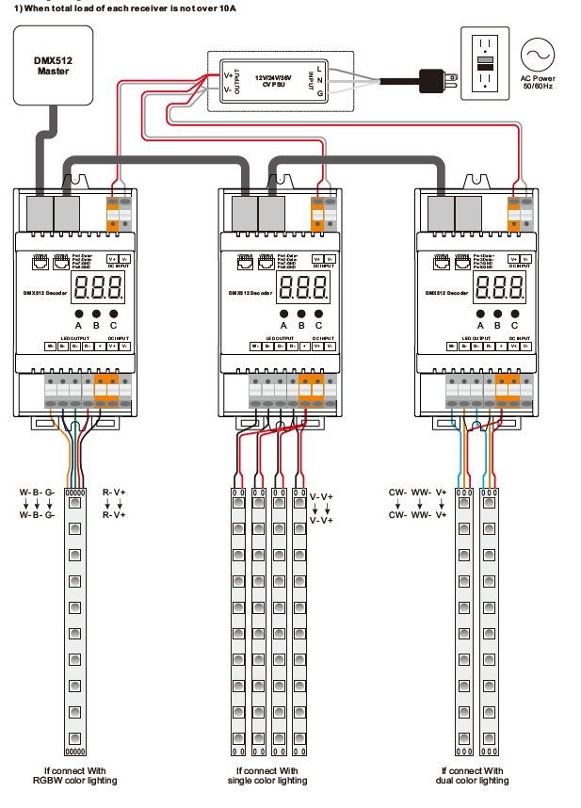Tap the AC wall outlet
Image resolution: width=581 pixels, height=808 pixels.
(x=486, y=62)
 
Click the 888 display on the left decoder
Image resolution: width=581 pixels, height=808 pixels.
(x=96, y=288)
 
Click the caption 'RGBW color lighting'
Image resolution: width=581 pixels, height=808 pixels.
(x=76, y=780)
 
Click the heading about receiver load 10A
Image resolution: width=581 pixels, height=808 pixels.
(x=123, y=7)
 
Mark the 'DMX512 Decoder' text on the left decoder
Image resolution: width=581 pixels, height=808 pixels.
(x=45, y=293)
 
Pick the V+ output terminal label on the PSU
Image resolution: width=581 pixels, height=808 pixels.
(x=229, y=75)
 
